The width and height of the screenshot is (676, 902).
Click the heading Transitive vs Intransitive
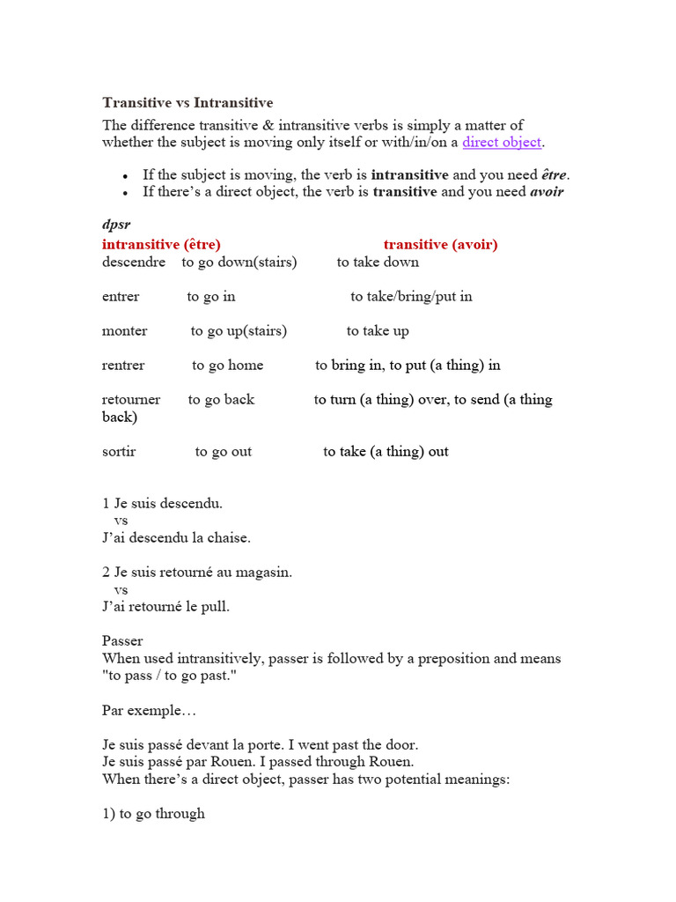[x=187, y=103]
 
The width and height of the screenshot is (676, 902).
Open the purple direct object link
[x=502, y=142]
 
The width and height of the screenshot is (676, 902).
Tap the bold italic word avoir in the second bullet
[x=546, y=191]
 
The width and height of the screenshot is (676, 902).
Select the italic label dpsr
[x=116, y=225]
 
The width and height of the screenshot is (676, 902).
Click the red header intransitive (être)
[x=161, y=244]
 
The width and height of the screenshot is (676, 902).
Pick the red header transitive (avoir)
[x=440, y=244]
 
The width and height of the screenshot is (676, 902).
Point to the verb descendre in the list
[x=134, y=262]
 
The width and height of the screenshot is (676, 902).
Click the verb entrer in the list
[x=121, y=296]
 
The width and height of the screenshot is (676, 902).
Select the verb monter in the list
[x=124, y=330]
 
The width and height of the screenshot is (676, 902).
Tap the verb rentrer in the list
[x=123, y=365]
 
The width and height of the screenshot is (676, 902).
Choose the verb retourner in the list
[x=131, y=399]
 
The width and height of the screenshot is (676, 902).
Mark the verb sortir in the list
[x=119, y=451]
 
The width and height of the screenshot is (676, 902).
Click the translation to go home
[x=227, y=365]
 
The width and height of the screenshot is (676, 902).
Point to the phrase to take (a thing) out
[x=386, y=451]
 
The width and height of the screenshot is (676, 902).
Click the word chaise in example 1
[x=228, y=537]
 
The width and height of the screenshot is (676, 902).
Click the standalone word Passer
[x=122, y=640]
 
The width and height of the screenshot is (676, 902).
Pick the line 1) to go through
[x=153, y=813]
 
